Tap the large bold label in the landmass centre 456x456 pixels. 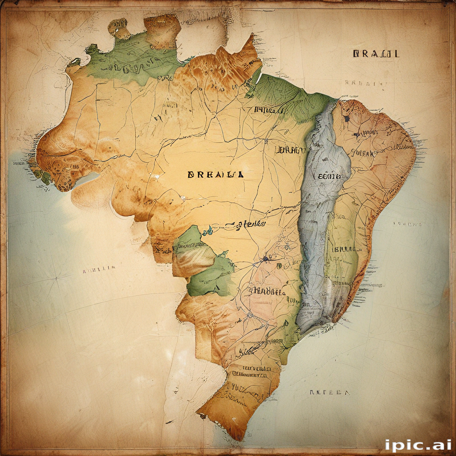[216, 175]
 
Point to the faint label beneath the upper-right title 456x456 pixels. [364, 82]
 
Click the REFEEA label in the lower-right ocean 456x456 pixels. [330, 393]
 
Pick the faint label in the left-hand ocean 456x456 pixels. [99, 269]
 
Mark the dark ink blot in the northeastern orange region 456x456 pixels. [346, 118]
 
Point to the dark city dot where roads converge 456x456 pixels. [266, 258]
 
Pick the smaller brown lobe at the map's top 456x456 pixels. [119, 28]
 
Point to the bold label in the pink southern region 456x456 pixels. [266, 292]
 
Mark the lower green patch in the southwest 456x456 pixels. [209, 276]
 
